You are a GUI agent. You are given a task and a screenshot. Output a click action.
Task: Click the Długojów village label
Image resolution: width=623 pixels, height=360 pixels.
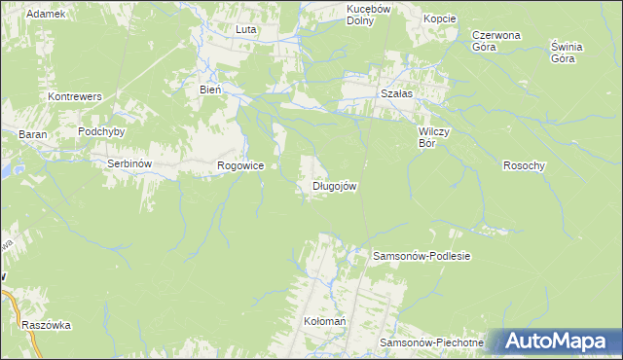coord(338,186)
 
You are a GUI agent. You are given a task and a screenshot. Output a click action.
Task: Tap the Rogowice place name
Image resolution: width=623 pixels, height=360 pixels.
coord(240,166)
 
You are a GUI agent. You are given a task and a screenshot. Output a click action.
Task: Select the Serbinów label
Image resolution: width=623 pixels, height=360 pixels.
coord(128,164)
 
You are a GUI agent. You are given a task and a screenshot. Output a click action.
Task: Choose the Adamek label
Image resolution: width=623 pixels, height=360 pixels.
coord(46,14)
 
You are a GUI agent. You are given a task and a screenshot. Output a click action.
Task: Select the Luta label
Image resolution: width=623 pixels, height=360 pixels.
coord(245,30)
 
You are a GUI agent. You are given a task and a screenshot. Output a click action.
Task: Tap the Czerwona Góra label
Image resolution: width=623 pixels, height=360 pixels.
coord(495,40)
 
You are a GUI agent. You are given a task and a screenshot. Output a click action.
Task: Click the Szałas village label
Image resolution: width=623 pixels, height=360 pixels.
coord(396,93)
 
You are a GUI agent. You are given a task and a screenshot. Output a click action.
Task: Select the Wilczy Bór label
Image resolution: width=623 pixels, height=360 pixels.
coord(432,135)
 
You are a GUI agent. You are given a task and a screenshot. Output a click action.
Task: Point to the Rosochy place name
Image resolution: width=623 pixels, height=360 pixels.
coord(524,165)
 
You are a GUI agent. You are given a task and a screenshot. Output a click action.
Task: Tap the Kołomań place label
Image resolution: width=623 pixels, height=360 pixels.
coord(325,321)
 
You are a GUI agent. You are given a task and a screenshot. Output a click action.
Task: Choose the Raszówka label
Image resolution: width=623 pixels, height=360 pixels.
coord(47,326)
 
